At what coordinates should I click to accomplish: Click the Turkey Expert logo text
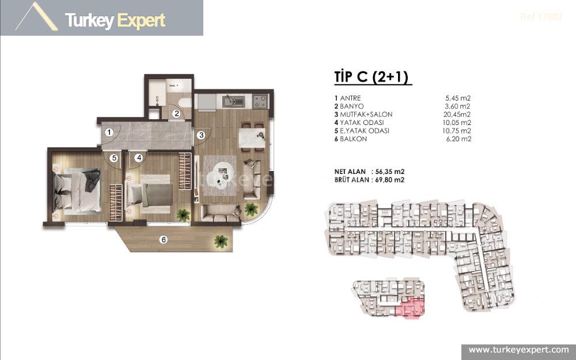(x=115, y=21)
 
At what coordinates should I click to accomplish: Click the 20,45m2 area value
(x=455, y=115)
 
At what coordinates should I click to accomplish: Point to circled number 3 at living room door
(x=201, y=135)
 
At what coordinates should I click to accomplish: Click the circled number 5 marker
(x=114, y=157)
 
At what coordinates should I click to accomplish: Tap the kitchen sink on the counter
(x=229, y=102)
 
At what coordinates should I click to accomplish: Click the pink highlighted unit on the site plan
(x=411, y=308)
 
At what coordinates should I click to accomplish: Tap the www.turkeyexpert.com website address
(x=518, y=350)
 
